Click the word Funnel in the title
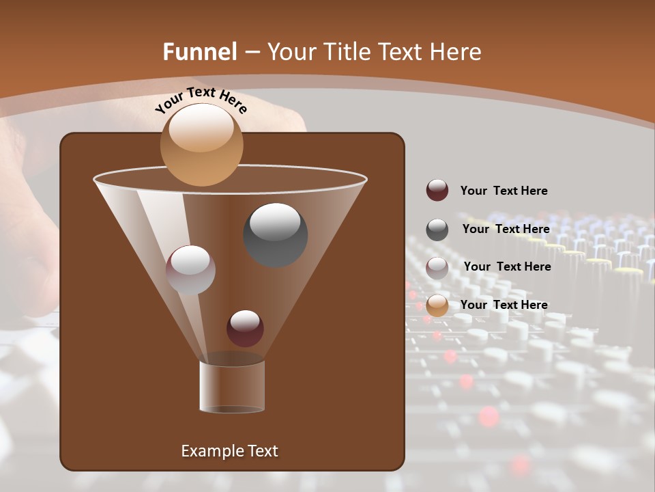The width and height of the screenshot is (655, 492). pos(200,52)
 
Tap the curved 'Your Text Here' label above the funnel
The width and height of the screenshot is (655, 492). pos(201,100)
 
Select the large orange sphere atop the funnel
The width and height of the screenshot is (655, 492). pos(201,145)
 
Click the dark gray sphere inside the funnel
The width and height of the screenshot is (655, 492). pos(275,234)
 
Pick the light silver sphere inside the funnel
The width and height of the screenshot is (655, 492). pos(190,269)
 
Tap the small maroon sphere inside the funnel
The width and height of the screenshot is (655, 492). pos(245,328)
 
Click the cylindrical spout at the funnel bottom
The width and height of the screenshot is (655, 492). pos(232,385)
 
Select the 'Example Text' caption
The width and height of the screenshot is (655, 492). pos(229,451)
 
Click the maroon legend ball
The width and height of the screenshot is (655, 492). pos(437,190)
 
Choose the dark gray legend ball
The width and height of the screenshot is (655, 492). pos(437,230)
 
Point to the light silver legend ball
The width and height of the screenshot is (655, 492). pos(437,267)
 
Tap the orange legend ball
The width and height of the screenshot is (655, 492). pos(437,305)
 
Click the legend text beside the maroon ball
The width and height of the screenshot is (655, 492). pos(504,191)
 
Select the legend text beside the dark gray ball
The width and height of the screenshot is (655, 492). pos(506,229)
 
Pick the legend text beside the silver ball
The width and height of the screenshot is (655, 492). pos(507,266)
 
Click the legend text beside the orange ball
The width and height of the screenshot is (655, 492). pos(504,305)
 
